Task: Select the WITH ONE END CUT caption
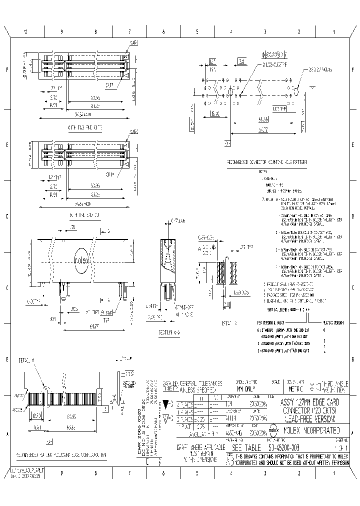coord(83,215)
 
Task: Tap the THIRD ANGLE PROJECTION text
coord(334,386)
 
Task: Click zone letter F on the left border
coord(7,70)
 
